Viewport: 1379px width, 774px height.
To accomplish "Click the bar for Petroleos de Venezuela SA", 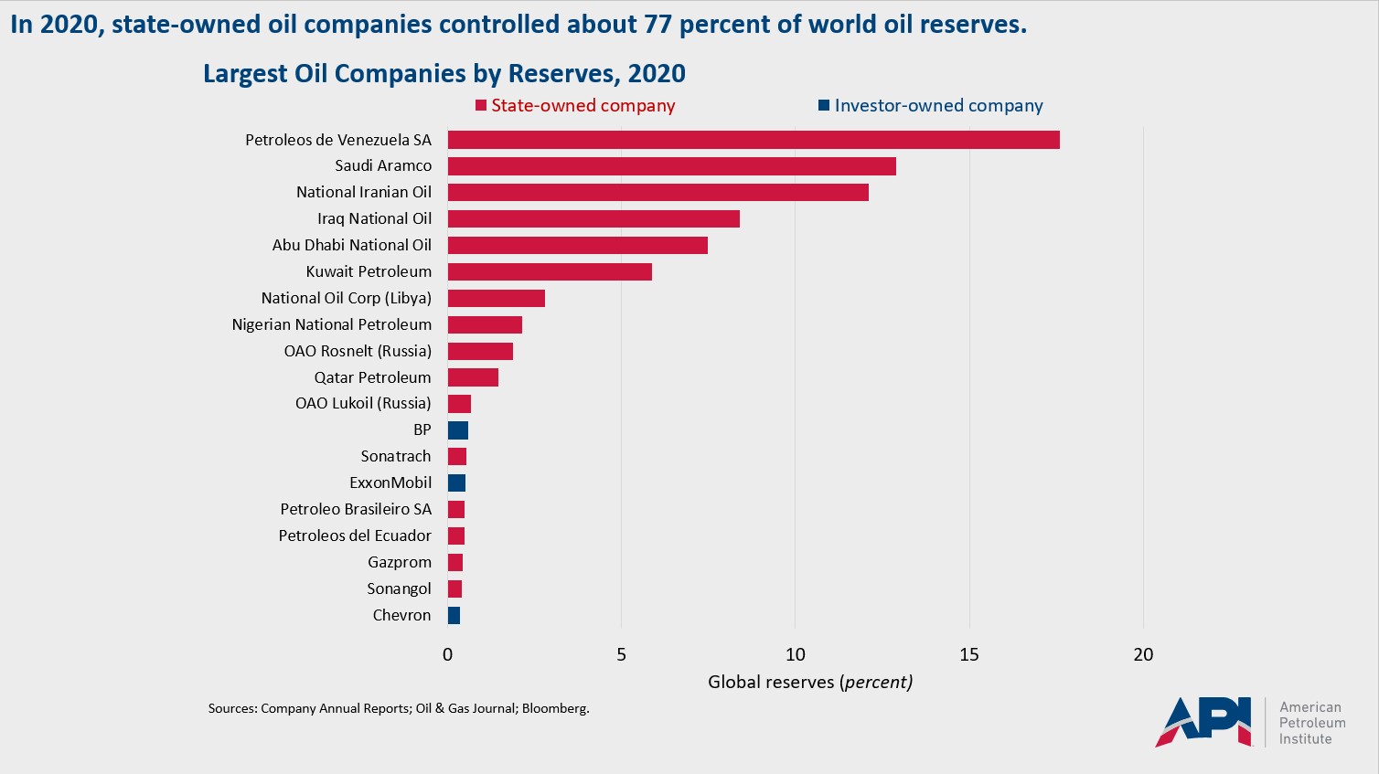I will [x=754, y=140].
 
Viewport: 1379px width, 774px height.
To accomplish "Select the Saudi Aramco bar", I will [x=671, y=166].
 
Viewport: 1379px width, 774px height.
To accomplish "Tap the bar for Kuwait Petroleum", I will [x=550, y=272].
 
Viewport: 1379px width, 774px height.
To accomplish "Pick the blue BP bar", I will [x=458, y=430].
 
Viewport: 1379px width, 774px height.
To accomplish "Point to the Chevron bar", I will [x=454, y=616].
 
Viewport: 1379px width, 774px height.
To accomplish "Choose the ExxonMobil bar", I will [x=456, y=483].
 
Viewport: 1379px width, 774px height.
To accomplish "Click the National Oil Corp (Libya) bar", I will [x=496, y=299].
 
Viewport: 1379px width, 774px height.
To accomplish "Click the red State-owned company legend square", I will [x=481, y=106].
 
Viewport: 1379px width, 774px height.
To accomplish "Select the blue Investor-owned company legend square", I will [x=824, y=106].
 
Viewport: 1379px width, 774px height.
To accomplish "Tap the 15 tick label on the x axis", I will [x=969, y=654].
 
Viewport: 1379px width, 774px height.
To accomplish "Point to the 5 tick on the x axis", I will [x=622, y=654].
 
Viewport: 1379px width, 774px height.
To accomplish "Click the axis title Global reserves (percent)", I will [x=809, y=682].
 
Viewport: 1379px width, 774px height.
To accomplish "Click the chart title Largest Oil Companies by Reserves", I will [x=444, y=74].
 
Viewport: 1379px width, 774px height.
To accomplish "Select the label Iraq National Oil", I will [x=374, y=219].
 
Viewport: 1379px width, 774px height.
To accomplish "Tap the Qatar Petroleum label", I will [x=372, y=377].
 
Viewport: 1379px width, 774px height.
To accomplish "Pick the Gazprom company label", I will [x=399, y=563].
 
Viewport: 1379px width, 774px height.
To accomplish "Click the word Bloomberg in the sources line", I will [x=555, y=708].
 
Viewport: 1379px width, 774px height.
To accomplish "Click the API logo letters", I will [x=1203, y=722].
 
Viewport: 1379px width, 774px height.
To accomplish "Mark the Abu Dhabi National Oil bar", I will [x=577, y=246].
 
